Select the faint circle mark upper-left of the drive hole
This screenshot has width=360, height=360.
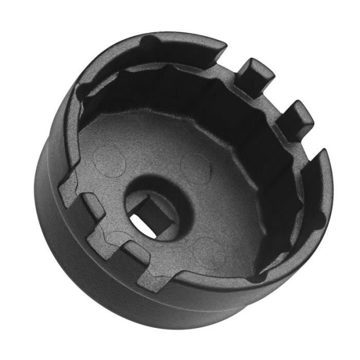pos(110,160)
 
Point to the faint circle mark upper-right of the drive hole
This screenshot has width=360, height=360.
pos(196,167)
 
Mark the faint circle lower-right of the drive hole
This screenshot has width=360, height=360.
pos(208,251)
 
